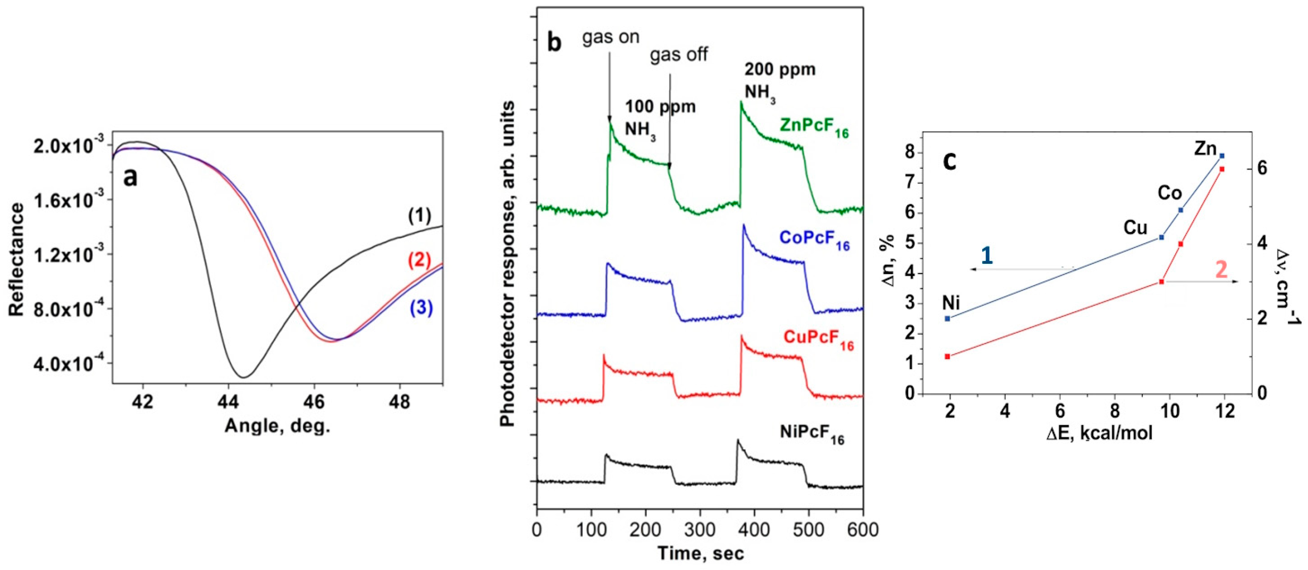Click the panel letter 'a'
point(131,178)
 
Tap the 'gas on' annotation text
point(611,39)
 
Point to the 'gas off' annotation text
point(679,54)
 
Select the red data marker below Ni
point(947,357)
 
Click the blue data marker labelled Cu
point(1161,237)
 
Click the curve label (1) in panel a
point(420,216)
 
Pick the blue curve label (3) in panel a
point(421,308)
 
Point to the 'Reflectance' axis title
point(16,260)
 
